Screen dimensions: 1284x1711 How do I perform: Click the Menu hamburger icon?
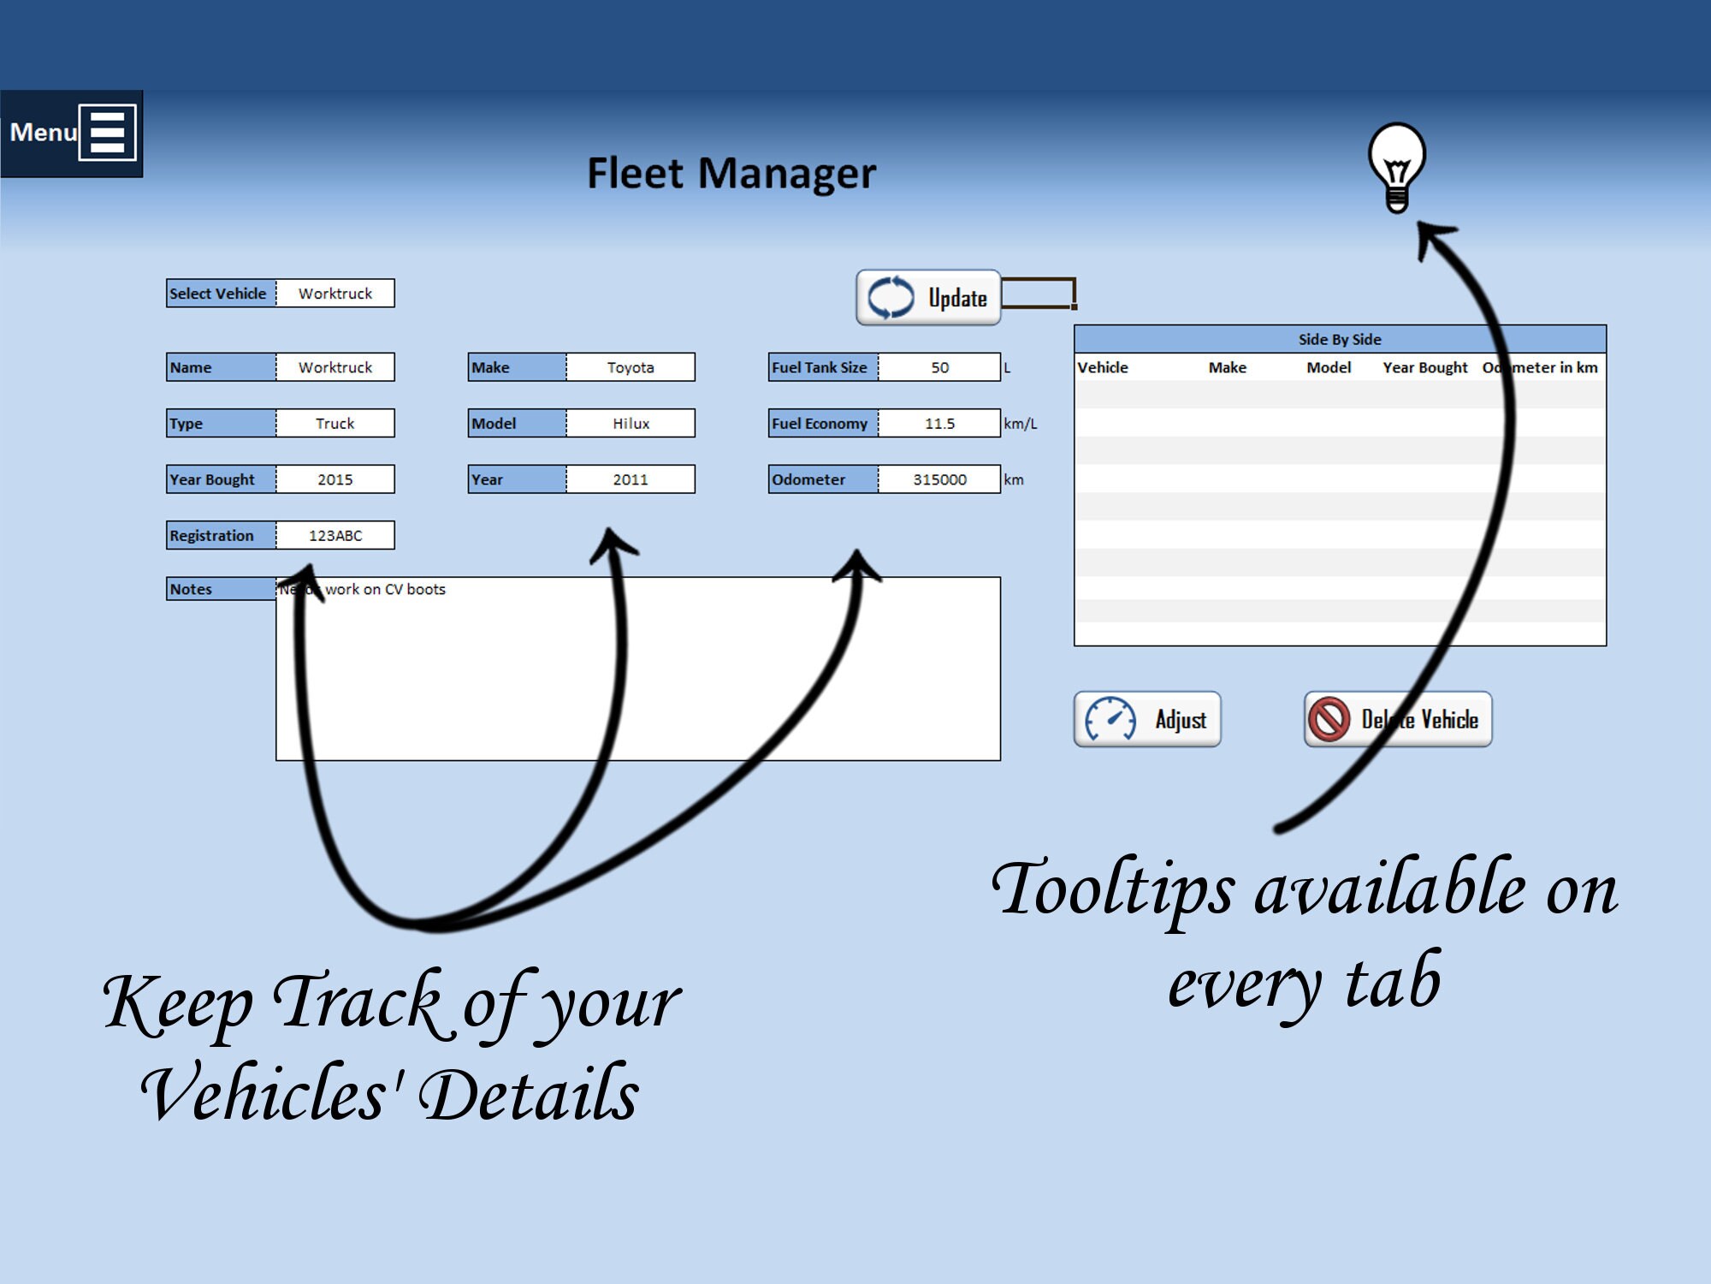(x=107, y=133)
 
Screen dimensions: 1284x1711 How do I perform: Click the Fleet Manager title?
(x=731, y=174)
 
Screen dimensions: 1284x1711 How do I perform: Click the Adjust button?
(x=1147, y=720)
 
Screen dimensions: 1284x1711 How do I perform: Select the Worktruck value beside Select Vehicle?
(x=335, y=294)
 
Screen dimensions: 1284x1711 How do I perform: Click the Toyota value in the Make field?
(x=631, y=367)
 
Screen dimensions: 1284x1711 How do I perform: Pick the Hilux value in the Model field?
(x=631, y=424)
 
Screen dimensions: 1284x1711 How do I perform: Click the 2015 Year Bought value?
(x=335, y=479)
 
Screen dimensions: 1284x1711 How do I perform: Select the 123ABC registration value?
(x=335, y=536)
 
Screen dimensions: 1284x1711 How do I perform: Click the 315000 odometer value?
(x=939, y=479)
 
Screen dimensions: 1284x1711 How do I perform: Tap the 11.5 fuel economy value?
(x=939, y=424)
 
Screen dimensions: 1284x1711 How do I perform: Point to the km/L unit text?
(x=1020, y=424)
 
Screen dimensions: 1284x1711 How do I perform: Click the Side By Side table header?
(x=1340, y=339)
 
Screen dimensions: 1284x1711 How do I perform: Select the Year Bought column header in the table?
(x=1424, y=367)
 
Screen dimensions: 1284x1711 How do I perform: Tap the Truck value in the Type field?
(x=335, y=424)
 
